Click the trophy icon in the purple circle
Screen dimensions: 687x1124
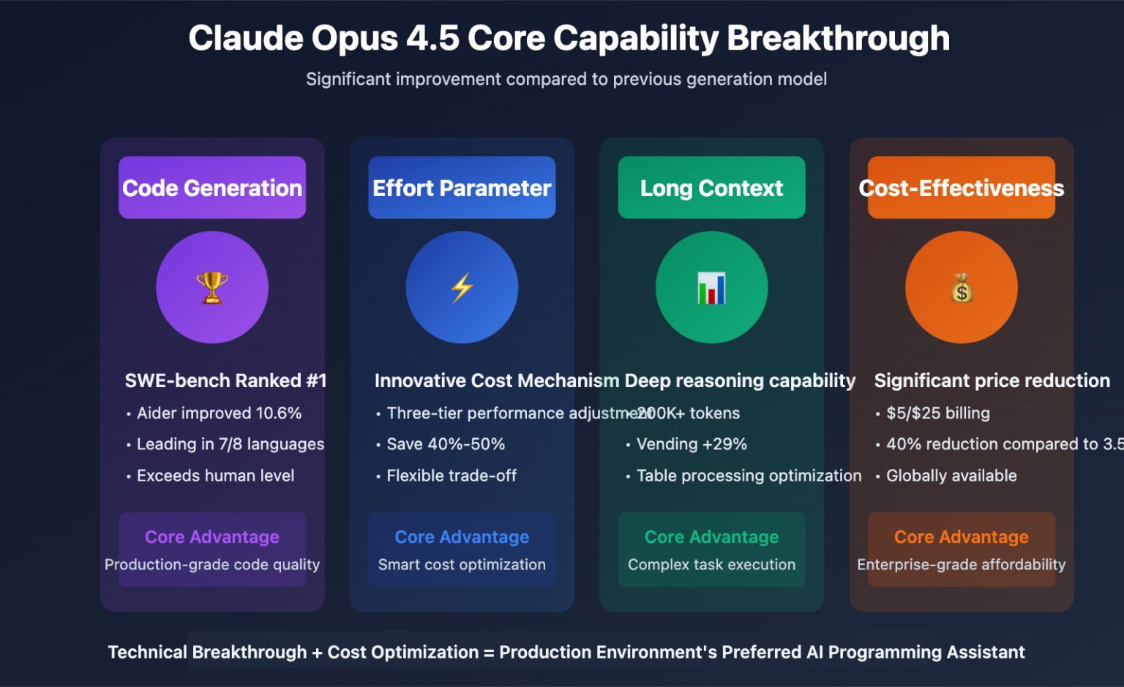click(x=212, y=288)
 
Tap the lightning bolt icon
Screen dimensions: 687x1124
click(x=462, y=288)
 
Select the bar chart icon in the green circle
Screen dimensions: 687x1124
click(x=711, y=288)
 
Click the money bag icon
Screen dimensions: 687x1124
click(x=962, y=288)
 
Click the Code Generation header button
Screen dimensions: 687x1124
click(x=212, y=188)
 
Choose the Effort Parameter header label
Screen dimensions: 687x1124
click(x=462, y=188)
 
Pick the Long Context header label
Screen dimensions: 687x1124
click(x=711, y=188)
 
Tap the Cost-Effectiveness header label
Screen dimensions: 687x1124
click(x=961, y=188)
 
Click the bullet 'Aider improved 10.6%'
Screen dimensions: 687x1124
click(x=219, y=413)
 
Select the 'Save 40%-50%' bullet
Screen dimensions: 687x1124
click(x=446, y=444)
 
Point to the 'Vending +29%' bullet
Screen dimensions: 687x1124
click(x=692, y=444)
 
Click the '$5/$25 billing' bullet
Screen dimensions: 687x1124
click(x=937, y=413)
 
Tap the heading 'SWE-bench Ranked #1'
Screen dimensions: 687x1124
click(x=225, y=380)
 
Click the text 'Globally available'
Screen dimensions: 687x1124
click(x=951, y=476)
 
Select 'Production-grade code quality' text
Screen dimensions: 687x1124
click(x=212, y=565)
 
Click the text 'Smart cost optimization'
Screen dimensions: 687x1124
click(x=462, y=565)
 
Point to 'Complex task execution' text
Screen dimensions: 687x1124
click(x=711, y=565)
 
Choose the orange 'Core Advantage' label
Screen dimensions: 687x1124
click(x=961, y=537)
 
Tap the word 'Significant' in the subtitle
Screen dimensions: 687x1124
click(x=348, y=79)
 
